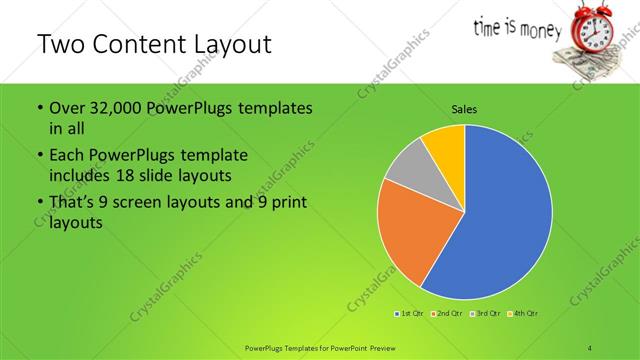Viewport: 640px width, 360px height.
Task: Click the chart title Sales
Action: (x=464, y=108)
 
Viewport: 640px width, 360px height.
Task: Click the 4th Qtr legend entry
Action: (x=524, y=314)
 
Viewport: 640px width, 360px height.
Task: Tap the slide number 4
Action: (x=591, y=347)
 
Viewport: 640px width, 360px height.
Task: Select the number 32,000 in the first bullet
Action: (x=110, y=108)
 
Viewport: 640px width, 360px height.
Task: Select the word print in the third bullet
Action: (x=285, y=203)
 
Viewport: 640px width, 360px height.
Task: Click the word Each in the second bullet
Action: (x=67, y=156)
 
